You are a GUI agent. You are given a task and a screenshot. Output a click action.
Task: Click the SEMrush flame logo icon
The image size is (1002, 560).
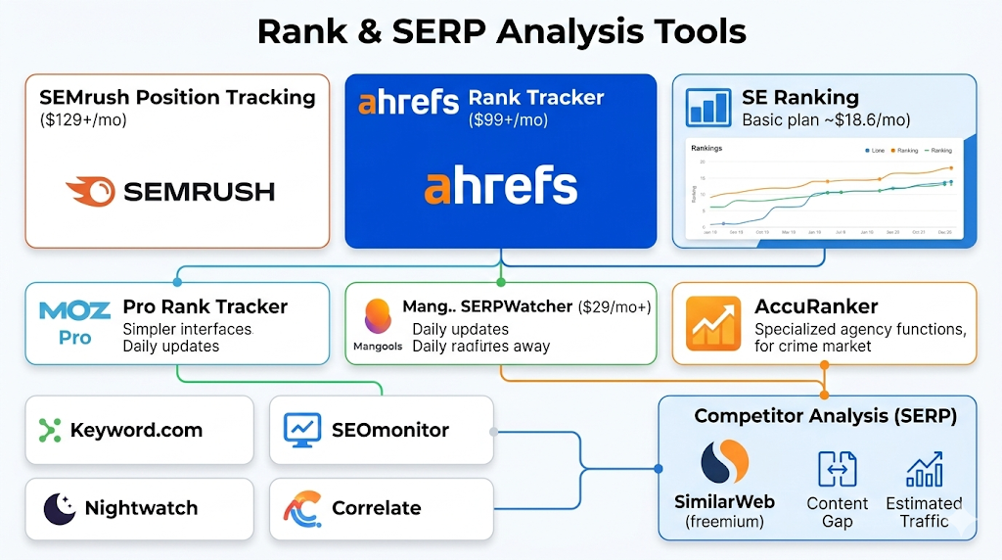[90, 191]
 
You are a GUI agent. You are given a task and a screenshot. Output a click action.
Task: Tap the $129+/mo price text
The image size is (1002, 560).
[83, 120]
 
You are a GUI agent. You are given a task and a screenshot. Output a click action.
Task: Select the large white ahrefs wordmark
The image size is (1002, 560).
[500, 186]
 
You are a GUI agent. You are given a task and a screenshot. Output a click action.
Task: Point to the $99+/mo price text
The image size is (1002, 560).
[508, 120]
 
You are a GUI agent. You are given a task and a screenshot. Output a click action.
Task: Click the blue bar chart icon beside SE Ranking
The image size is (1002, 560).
[708, 108]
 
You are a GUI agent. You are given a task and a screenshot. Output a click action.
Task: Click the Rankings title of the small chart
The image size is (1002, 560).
[706, 148]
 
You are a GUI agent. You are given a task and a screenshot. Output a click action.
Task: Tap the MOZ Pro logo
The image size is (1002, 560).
[74, 323]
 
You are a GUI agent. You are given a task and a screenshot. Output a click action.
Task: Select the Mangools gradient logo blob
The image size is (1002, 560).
[378, 317]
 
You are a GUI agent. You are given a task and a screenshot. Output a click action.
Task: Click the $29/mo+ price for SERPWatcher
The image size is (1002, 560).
[615, 306]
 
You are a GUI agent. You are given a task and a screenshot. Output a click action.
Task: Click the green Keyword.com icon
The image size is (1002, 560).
[50, 430]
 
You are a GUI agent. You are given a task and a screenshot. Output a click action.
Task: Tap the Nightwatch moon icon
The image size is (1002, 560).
[60, 508]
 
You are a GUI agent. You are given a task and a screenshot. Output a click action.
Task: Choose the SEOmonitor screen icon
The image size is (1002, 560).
[302, 429]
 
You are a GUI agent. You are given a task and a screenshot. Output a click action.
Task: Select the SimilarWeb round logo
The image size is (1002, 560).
[724, 464]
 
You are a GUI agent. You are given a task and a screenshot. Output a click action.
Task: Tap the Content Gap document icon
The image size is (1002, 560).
[837, 470]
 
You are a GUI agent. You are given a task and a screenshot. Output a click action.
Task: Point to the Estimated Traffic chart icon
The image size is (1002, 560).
[924, 470]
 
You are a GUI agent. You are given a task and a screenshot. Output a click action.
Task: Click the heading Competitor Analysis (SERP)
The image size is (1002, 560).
[825, 416]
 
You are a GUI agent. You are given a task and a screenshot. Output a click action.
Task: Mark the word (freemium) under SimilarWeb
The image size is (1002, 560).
[724, 521]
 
